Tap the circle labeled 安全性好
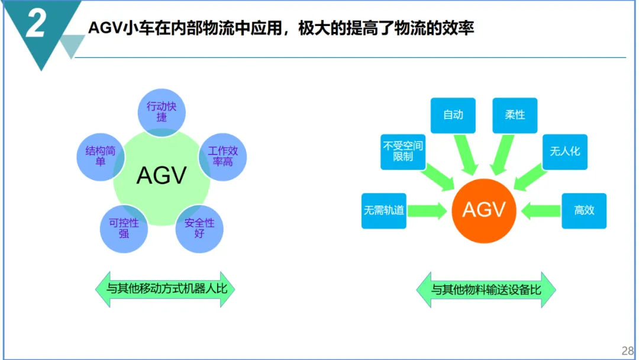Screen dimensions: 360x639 click(x=199, y=229)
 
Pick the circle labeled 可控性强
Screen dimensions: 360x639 click(x=124, y=229)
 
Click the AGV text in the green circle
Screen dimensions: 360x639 click(x=162, y=175)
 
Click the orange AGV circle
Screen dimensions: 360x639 click(x=483, y=210)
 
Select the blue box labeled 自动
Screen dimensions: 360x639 click(x=453, y=115)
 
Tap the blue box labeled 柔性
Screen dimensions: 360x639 click(x=515, y=115)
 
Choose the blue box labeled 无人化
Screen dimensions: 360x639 click(x=565, y=152)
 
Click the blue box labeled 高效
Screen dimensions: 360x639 click(x=584, y=210)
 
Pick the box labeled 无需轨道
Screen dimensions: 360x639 click(x=384, y=210)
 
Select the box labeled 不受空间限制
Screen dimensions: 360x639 click(x=403, y=152)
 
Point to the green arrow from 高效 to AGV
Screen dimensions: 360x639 click(x=541, y=210)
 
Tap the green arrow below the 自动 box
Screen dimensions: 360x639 click(x=466, y=155)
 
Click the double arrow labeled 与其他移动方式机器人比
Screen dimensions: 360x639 click(x=166, y=290)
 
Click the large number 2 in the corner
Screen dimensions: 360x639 click(x=36, y=25)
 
